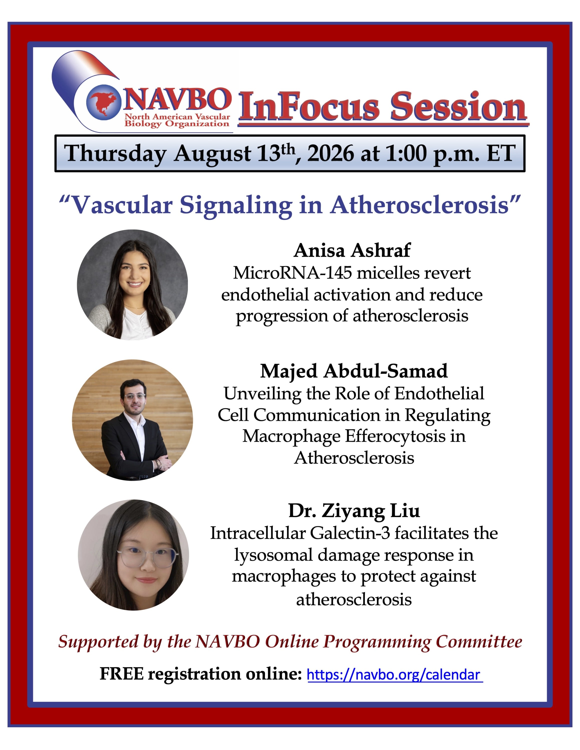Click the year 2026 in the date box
tap(331, 153)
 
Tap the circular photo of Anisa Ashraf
tap(132, 285)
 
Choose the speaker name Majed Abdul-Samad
tap(354, 371)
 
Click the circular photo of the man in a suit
tap(132, 420)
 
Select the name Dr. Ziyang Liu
tap(354, 511)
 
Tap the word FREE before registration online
tap(122, 674)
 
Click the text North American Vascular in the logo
tap(177, 117)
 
